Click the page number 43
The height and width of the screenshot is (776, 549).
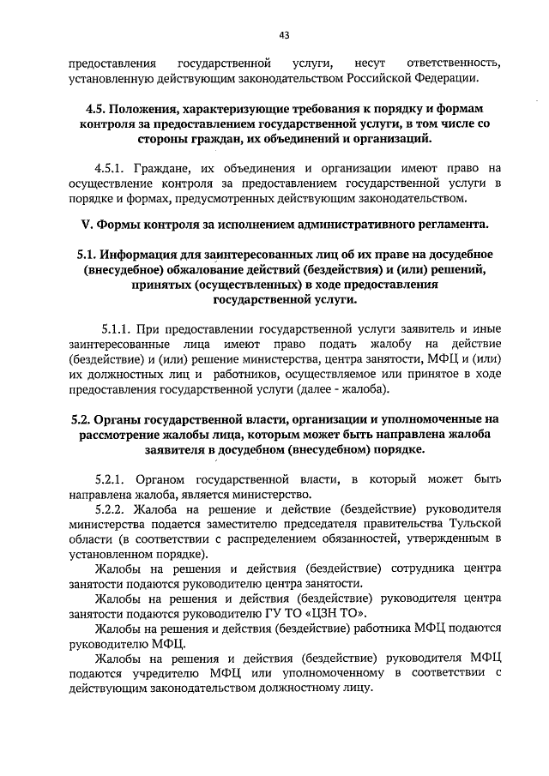pos(284,35)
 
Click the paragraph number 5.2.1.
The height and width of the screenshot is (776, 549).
pos(112,478)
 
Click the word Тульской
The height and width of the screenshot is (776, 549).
pos(470,523)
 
